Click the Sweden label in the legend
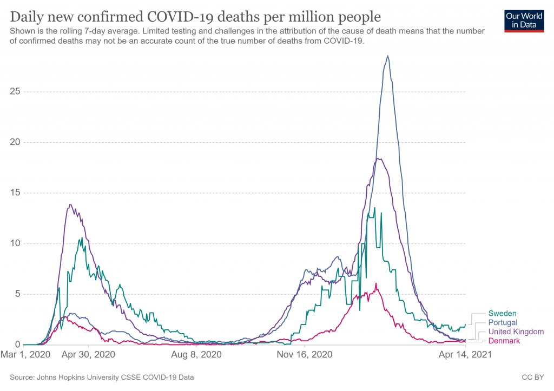tap(502, 313)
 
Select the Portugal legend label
tap(503, 322)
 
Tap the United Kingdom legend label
tap(516, 332)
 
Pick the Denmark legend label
tap(504, 341)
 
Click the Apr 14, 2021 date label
tap(466, 355)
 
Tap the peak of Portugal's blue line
tap(387, 56)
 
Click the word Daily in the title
tap(25, 15)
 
